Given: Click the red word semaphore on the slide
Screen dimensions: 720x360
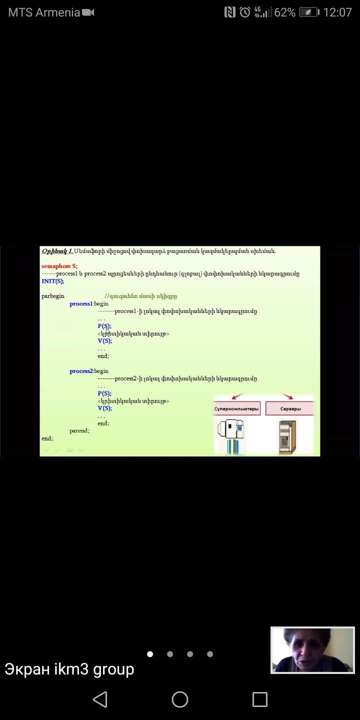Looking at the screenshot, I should [56, 266].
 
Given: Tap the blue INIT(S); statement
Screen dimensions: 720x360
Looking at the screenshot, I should [52, 281].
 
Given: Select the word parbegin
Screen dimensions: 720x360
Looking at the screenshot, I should [53, 296].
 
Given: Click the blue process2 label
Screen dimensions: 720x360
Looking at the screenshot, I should [81, 371].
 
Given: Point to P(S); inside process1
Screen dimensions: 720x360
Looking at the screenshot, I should [104, 326].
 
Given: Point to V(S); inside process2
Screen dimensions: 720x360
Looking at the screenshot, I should [104, 408].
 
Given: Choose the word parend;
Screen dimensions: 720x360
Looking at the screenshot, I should [79, 430].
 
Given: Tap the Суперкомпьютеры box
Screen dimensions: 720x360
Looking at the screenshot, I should [236, 408].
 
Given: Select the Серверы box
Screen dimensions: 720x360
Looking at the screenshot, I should [290, 408].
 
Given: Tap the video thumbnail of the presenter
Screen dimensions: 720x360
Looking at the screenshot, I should [312, 650].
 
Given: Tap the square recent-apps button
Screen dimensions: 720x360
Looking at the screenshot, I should [259, 699].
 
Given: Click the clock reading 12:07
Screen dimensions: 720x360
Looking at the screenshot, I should [337, 12].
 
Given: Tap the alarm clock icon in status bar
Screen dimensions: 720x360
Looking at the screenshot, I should [245, 12].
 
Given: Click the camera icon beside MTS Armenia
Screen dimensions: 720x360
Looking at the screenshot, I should [88, 12].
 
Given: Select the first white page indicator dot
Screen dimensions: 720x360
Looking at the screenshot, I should [150, 653].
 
